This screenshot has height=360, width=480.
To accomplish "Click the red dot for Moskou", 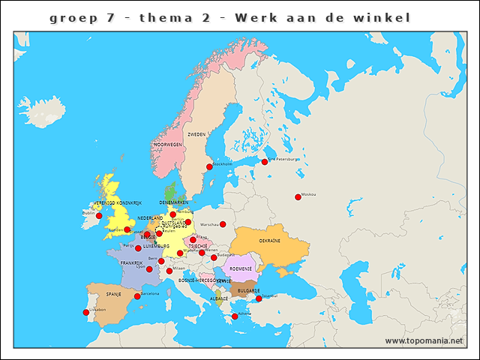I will (x=298, y=197).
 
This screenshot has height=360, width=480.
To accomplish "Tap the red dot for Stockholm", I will (x=209, y=166).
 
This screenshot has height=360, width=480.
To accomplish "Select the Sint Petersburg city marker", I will (x=264, y=161).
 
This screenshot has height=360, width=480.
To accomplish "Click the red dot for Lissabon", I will (x=85, y=312).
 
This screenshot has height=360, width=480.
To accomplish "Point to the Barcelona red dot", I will (x=136, y=296).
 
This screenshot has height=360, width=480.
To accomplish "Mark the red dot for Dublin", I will (x=99, y=216).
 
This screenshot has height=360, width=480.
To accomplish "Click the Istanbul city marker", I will (x=259, y=298).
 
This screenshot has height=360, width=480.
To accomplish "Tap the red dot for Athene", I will (x=235, y=316).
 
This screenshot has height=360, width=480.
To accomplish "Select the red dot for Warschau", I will (x=223, y=224).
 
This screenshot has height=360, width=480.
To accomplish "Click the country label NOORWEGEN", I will (x=168, y=144).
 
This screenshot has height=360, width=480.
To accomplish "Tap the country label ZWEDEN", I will (x=196, y=134).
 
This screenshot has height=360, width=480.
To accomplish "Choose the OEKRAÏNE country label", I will (x=269, y=241).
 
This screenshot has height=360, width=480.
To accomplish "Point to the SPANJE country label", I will (x=113, y=294).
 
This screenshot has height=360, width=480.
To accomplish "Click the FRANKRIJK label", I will (x=132, y=263).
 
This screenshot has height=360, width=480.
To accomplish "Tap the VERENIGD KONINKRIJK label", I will (x=118, y=203).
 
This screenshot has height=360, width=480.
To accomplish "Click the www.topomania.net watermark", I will (x=424, y=340).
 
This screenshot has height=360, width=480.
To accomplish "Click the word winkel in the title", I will (x=384, y=17).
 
